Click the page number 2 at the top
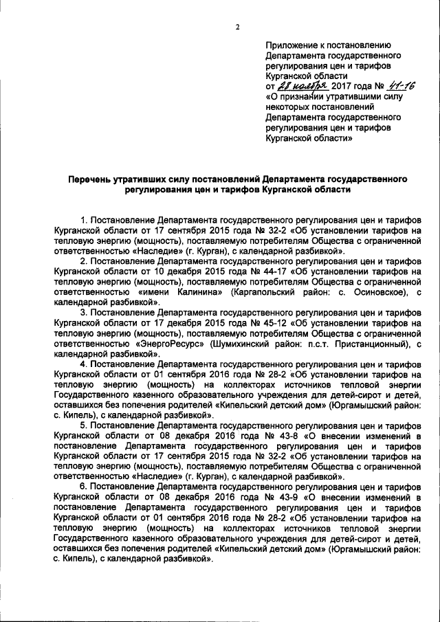(237, 27)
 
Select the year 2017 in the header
(342, 87)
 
